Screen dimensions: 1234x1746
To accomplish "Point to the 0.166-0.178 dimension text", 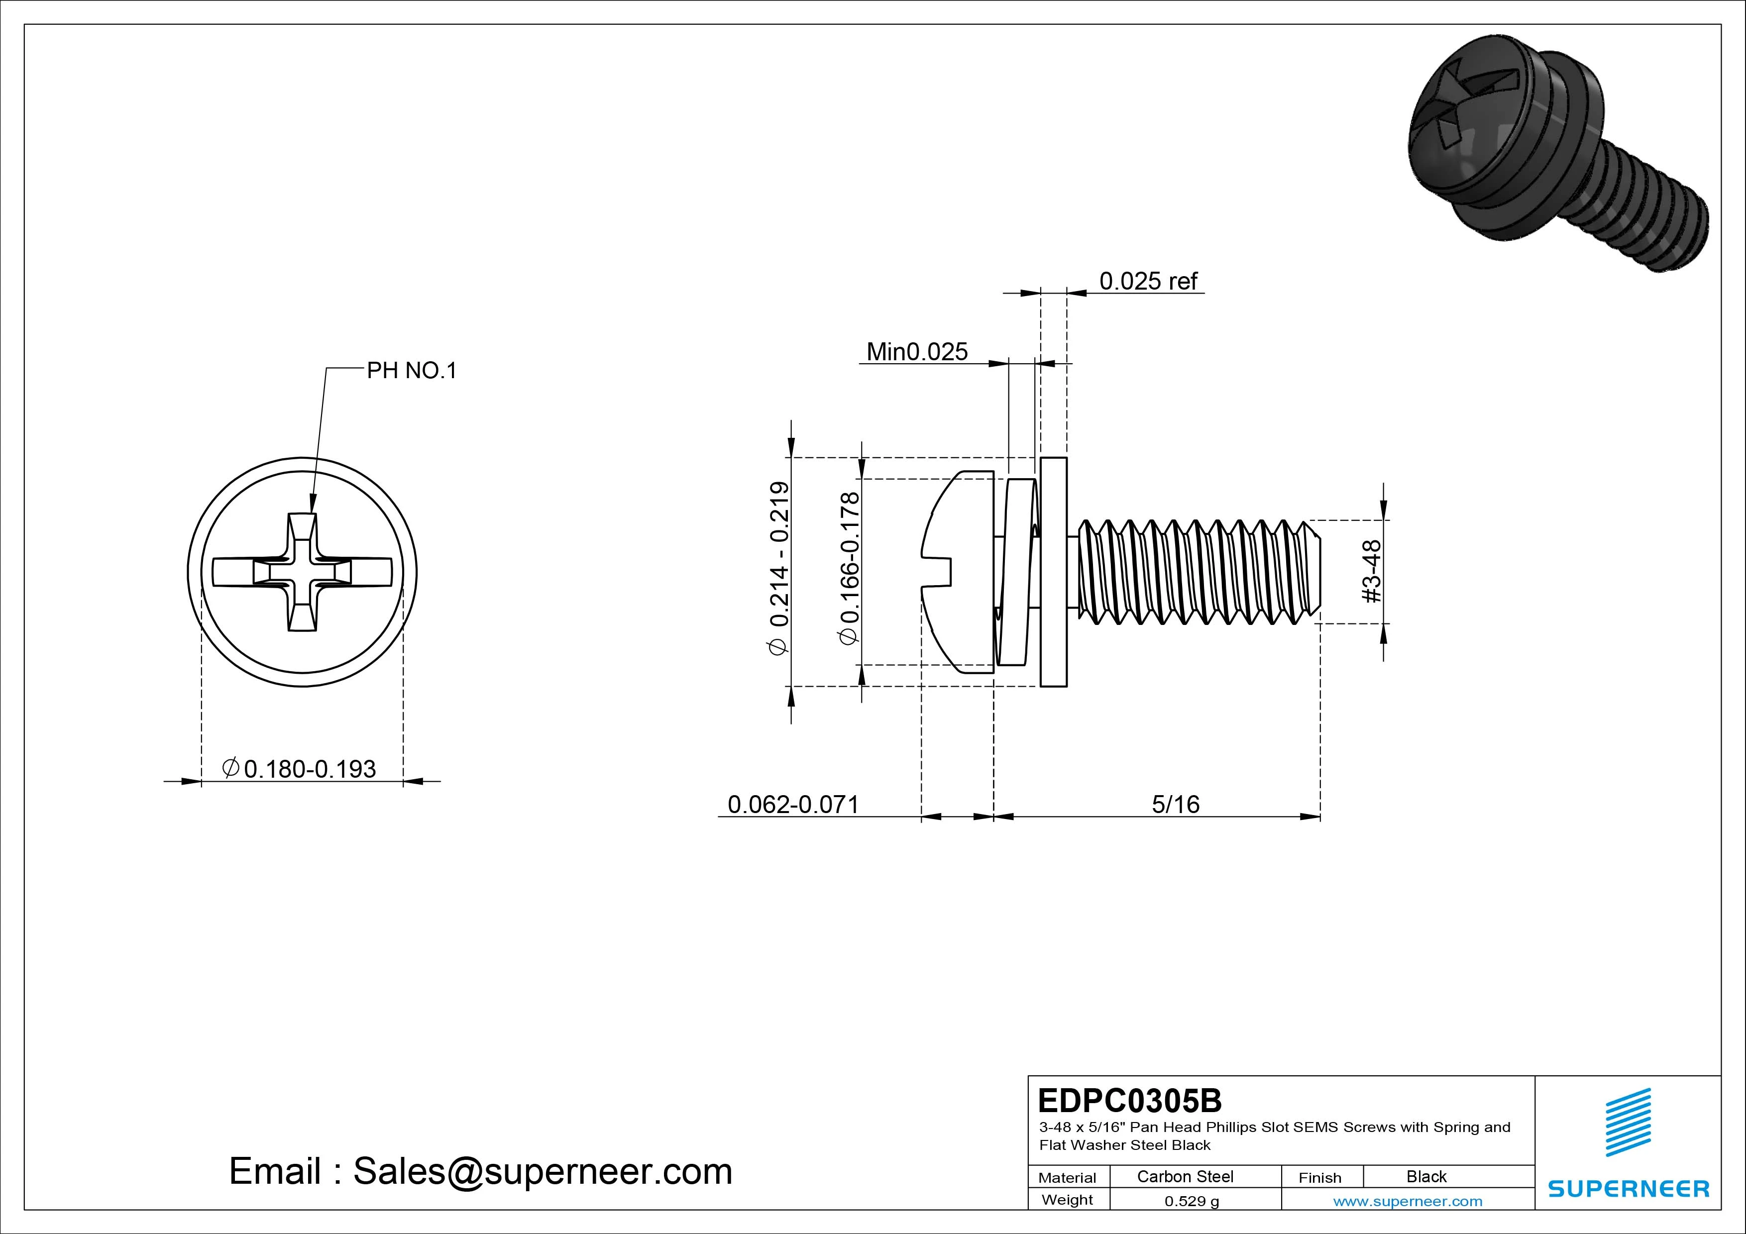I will tap(850, 568).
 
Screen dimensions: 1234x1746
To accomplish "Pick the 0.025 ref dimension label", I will tap(1148, 281).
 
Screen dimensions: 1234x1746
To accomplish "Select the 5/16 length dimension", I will tap(1175, 805).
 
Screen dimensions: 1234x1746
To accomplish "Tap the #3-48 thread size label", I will tap(1371, 571).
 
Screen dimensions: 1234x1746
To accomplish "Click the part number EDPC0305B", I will tap(1129, 1100).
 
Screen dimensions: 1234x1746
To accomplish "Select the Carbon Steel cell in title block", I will tap(1185, 1176).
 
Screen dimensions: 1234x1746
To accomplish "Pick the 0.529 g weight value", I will tap(1191, 1201).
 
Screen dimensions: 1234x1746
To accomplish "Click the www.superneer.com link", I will tap(1407, 1201).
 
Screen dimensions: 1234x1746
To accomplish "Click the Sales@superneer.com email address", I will tap(542, 1172).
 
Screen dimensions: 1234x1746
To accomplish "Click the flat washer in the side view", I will tap(1053, 572).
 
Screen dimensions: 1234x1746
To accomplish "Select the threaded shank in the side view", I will tap(1198, 572).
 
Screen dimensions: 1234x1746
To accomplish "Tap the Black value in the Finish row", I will tap(1426, 1176).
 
